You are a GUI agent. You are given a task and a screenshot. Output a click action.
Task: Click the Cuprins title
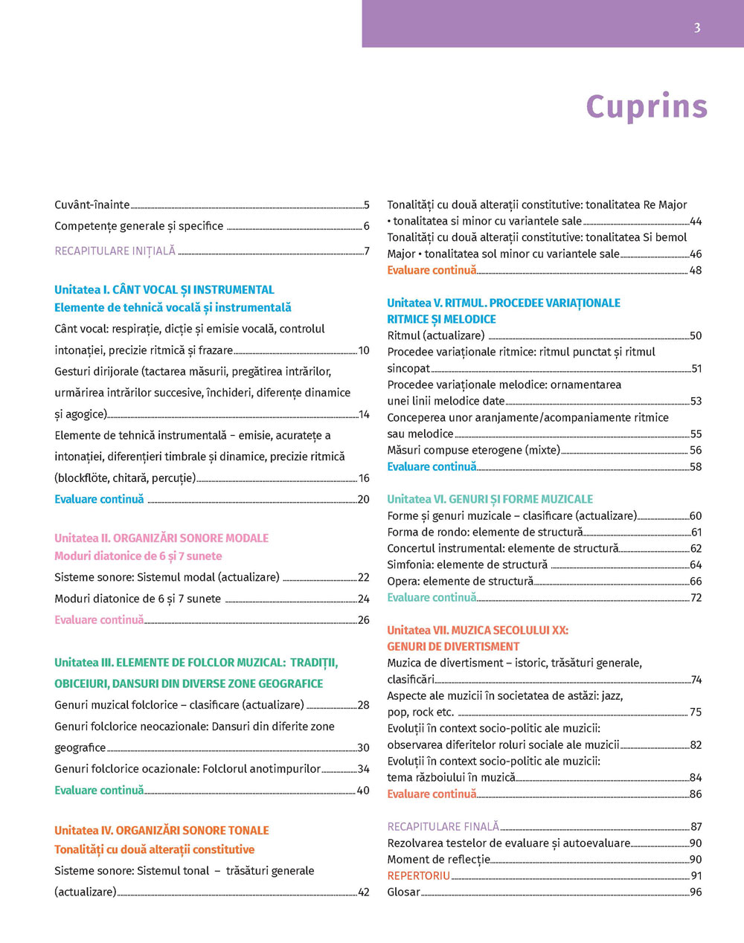[x=647, y=106]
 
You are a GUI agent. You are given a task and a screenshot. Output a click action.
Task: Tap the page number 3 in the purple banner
[x=696, y=28]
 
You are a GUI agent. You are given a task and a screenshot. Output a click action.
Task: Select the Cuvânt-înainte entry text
[x=92, y=205]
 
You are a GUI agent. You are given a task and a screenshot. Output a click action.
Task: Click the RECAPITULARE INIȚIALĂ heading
[x=115, y=251]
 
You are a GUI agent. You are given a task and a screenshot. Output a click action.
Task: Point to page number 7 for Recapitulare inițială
[x=366, y=251]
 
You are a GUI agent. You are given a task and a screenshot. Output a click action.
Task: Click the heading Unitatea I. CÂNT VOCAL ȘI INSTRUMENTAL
[x=164, y=290]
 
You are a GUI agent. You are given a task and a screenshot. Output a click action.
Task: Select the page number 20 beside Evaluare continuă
[x=363, y=500]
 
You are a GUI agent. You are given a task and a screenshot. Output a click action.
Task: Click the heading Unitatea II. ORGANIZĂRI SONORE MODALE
[x=161, y=538]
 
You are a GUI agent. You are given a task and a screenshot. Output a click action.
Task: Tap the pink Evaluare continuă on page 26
[x=99, y=620]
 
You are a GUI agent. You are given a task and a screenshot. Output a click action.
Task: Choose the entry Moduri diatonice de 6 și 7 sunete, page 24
[x=138, y=599]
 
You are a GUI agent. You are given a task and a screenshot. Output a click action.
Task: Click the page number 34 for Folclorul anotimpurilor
[x=363, y=769]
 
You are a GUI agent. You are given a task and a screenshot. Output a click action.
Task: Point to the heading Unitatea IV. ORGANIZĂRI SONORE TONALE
[x=161, y=831]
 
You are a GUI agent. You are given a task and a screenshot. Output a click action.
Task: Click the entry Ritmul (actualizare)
[x=435, y=335]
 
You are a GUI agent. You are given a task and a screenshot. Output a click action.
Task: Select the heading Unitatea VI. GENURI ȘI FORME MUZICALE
[x=490, y=499]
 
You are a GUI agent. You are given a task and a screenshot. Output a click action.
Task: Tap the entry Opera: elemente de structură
[x=460, y=582]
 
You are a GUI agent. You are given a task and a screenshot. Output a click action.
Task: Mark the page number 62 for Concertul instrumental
[x=696, y=549]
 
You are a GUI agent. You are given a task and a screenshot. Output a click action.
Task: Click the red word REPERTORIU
[x=418, y=876]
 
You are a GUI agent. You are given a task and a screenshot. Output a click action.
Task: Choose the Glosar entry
[x=403, y=892]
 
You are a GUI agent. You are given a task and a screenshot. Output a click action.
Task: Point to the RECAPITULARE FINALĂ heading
[x=443, y=827]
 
